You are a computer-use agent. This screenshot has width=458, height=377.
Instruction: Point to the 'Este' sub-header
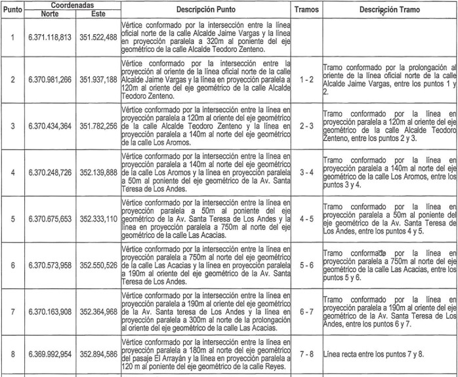97,12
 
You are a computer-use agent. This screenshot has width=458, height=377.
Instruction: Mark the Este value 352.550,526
98,266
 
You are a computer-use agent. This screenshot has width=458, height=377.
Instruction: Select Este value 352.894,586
98,354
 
